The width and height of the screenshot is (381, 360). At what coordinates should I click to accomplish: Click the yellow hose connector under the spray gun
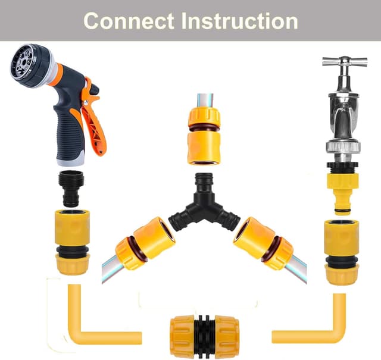[x=72, y=241]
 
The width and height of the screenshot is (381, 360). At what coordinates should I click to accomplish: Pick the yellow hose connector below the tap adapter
[x=342, y=250]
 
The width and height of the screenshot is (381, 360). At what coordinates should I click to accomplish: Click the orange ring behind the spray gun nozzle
[x=55, y=73]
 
